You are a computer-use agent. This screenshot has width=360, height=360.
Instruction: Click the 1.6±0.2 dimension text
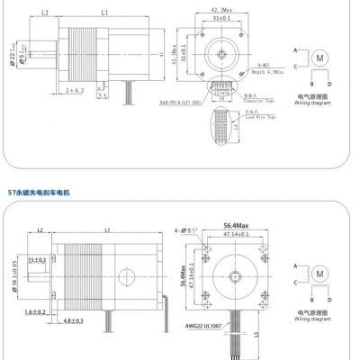tap(35, 311)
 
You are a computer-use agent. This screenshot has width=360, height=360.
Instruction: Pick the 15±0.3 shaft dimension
tap(36, 260)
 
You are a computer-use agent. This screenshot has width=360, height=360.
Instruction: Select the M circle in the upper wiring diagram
tap(319, 57)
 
